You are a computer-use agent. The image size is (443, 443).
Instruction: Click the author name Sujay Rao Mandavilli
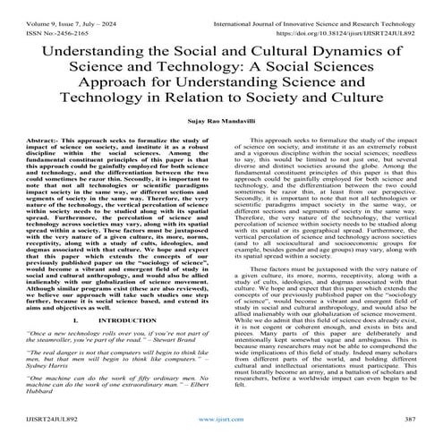(221, 116)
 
